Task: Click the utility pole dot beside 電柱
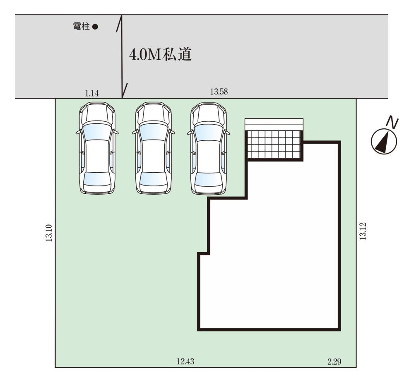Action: coord(95,26)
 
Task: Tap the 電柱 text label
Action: coord(81,26)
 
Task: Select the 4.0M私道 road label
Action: coord(160,55)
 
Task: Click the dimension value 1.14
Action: coord(91,93)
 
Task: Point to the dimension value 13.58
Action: coord(219,92)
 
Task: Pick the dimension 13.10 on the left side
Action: coord(49,233)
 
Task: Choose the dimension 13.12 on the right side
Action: coord(363,231)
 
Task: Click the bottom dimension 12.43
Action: coord(185,361)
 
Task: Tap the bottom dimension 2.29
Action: coord(334,361)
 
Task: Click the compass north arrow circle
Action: coord(384,142)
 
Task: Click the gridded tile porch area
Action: coord(274,145)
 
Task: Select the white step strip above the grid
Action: coord(274,124)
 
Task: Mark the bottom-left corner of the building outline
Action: coord(199,330)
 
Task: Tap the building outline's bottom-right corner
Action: coord(339,330)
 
